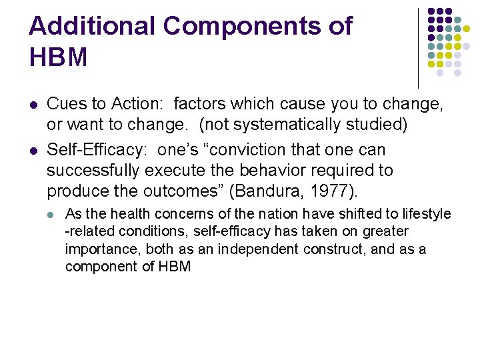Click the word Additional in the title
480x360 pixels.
(x=91, y=27)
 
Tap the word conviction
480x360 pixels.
(x=257, y=150)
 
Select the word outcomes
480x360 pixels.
(x=181, y=192)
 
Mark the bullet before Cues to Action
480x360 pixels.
(x=33, y=105)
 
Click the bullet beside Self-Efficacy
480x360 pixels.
(x=33, y=150)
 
